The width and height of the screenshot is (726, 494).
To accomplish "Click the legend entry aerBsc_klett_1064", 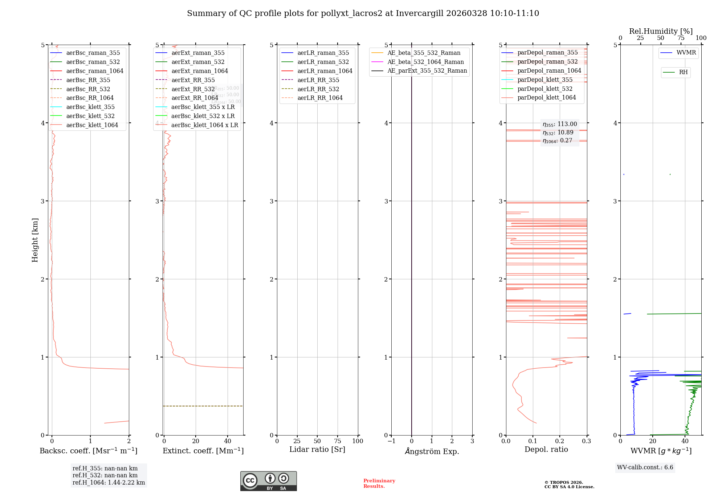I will pos(92,125).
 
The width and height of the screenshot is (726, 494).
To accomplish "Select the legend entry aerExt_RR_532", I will pos(193,89).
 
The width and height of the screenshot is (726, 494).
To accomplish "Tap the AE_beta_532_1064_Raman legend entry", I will pos(425,62).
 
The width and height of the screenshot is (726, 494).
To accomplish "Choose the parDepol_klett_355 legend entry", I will pos(544,80).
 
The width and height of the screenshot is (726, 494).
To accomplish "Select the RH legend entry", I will pos(683,72).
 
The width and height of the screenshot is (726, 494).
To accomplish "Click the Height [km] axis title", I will pos(35,240).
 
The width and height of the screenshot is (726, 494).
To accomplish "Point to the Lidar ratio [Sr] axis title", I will pos(317,449).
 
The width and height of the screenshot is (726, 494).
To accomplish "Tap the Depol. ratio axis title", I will pos(546,449).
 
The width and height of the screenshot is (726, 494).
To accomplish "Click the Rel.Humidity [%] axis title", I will pos(661,31).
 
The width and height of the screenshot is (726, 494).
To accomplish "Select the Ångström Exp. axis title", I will pos(432,451).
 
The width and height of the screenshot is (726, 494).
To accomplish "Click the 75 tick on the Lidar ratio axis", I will pos(338,441).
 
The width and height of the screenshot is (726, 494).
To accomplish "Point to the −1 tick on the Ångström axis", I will pos(391,441).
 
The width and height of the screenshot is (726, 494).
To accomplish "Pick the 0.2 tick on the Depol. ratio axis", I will pos(559,441).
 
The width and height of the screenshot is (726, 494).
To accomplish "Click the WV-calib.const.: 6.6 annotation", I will pos(645,467).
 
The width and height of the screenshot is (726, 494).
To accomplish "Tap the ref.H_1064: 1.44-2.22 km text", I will pos(109,482).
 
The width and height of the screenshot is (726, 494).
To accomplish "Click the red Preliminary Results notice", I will pos(379,483).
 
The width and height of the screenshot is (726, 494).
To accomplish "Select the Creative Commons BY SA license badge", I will pos(268,481).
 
